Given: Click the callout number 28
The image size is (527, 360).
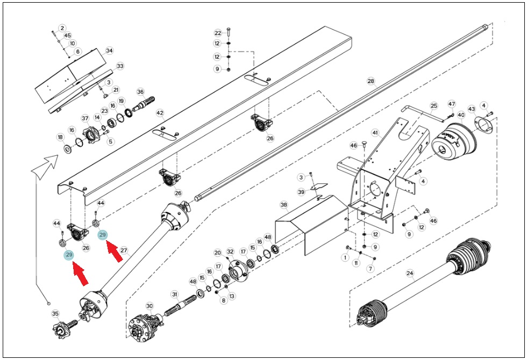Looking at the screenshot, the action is [371, 81].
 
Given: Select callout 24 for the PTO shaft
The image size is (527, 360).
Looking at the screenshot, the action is [410, 273].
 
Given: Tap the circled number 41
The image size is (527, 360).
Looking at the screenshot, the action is [375, 133].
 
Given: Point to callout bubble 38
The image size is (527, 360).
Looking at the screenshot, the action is [284, 205].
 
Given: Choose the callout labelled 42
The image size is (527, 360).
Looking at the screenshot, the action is [160, 113].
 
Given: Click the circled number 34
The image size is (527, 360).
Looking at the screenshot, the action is [110, 51].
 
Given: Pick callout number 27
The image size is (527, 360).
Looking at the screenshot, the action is [124, 250].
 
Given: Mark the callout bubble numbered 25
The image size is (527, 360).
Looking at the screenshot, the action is [434, 106].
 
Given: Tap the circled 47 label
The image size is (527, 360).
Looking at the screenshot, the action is [452, 104].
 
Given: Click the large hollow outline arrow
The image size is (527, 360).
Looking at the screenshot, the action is [45, 166].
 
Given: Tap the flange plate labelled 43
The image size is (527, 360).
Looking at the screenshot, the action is [483, 125].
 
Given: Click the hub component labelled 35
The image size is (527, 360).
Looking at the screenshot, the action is [65, 328].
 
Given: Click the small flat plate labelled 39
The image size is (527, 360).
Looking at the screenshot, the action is [319, 187].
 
